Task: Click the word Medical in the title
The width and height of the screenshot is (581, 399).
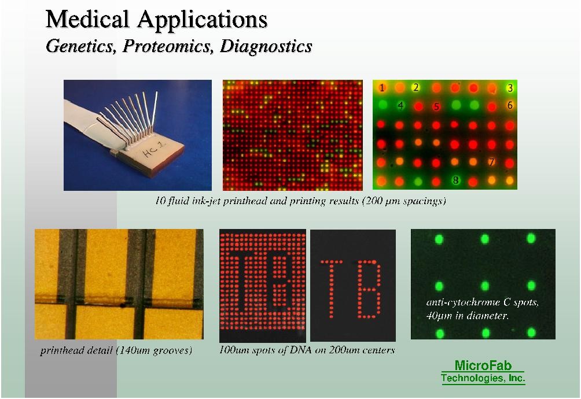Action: (87, 19)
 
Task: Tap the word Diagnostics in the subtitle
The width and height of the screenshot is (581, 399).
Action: (266, 46)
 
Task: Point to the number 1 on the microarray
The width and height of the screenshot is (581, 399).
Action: (382, 88)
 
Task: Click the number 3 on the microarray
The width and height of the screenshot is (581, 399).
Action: (510, 88)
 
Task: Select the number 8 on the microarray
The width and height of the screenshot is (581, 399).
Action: (456, 180)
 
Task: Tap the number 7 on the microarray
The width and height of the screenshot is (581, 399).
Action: (491, 162)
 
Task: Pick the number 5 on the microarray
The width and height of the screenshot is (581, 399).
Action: (436, 106)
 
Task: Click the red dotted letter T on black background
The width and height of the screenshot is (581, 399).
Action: (331, 289)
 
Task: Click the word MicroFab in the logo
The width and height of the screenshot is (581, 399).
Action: (483, 365)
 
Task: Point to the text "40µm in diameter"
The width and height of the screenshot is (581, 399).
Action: (467, 316)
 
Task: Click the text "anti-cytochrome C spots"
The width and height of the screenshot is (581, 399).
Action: (483, 302)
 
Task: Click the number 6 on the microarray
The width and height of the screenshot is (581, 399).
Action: (510, 105)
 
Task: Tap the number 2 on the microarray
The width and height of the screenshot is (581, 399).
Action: (416, 87)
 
